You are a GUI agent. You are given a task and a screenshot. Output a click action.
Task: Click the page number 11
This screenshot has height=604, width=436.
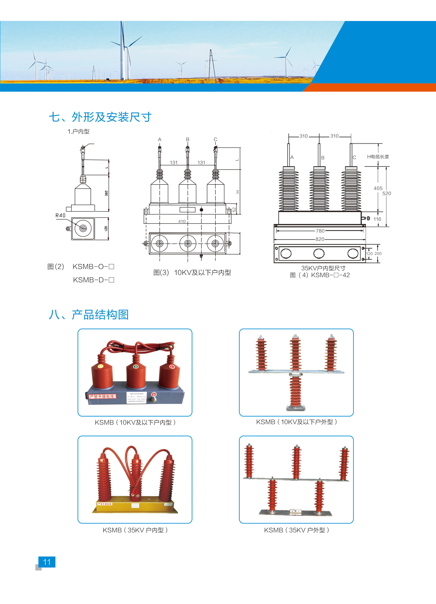coord(47,562)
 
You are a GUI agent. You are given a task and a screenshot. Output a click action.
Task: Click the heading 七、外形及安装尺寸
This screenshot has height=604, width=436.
coord(100,117)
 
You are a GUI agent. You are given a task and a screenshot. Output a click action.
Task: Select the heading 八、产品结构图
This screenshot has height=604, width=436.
coord(89,315)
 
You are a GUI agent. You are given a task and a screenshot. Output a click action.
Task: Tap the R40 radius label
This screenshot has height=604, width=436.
coord(60,215)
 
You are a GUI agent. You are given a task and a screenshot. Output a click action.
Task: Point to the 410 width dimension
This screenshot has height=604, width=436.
coord(182,221)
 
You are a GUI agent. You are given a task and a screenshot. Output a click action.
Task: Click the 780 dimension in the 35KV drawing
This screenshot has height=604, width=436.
coord(320,231)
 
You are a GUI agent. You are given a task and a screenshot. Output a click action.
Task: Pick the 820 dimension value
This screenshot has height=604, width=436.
coord(320,239)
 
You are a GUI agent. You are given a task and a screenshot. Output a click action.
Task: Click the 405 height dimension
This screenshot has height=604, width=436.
coord(378,188)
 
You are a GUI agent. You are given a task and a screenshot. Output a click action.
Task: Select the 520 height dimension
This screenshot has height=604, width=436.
coord(387,194)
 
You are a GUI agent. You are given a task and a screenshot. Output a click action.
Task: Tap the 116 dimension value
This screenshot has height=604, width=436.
coord(377,219)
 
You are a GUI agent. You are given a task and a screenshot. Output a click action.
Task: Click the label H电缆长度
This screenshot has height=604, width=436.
coord(378,157)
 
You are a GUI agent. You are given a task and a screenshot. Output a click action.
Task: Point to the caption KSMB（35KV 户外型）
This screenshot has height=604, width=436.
coord(296,530)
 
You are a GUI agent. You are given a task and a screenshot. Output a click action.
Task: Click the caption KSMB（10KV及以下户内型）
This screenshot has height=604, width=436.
coord(135,422)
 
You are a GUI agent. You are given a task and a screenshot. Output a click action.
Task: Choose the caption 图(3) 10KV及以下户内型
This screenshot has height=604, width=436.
coord(192,272)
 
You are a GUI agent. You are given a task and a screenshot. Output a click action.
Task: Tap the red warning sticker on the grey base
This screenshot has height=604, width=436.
coord(103,397)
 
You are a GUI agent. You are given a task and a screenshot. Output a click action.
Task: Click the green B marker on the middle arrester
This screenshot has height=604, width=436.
coord(136,366)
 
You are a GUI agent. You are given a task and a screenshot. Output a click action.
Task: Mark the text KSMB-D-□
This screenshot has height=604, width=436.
coord(94,280)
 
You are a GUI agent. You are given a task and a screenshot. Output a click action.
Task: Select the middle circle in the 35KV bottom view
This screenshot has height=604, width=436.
coord(319,253)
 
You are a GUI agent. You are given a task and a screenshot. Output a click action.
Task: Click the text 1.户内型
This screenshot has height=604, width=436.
coord(78,131)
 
